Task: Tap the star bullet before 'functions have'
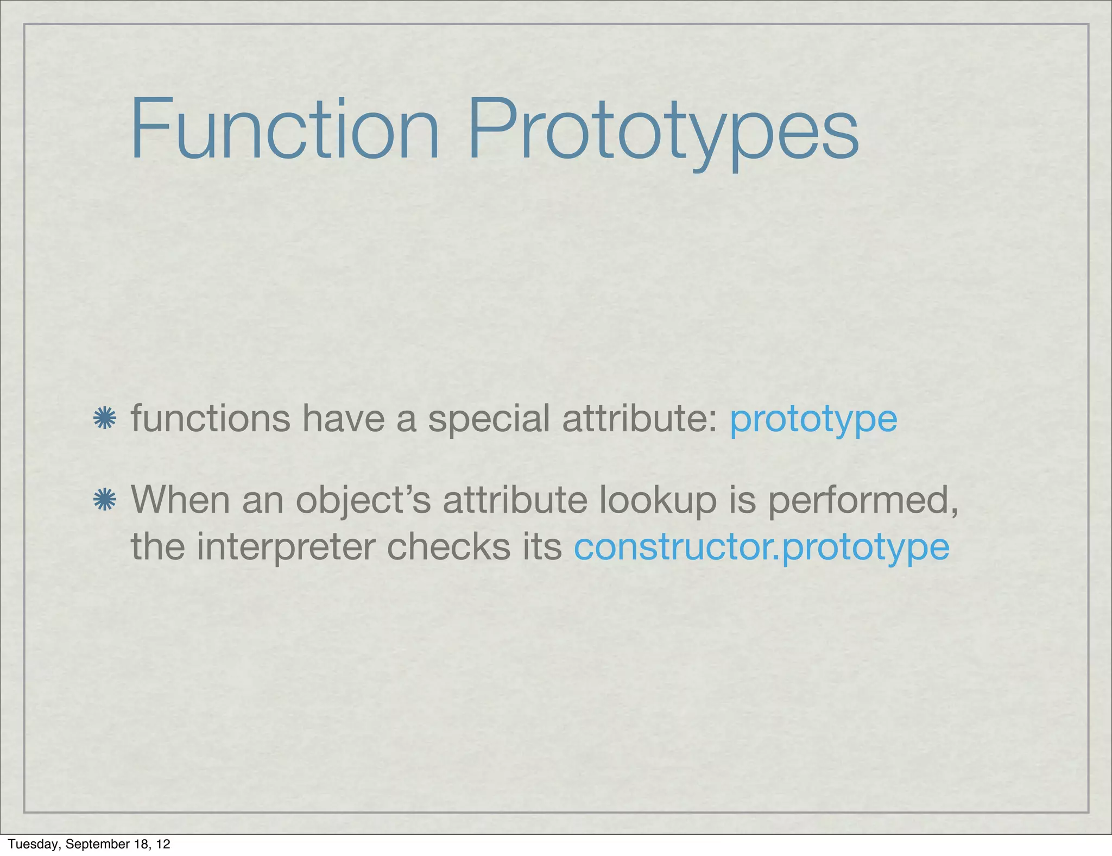[105, 419]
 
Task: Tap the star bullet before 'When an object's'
[105, 500]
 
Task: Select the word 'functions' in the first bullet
[211, 419]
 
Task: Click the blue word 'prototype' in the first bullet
[813, 421]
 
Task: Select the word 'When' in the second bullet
[180, 500]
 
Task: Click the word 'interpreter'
[285, 547]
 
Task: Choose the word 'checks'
[448, 546]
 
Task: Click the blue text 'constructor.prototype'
[761, 547]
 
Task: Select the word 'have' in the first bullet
[343, 419]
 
